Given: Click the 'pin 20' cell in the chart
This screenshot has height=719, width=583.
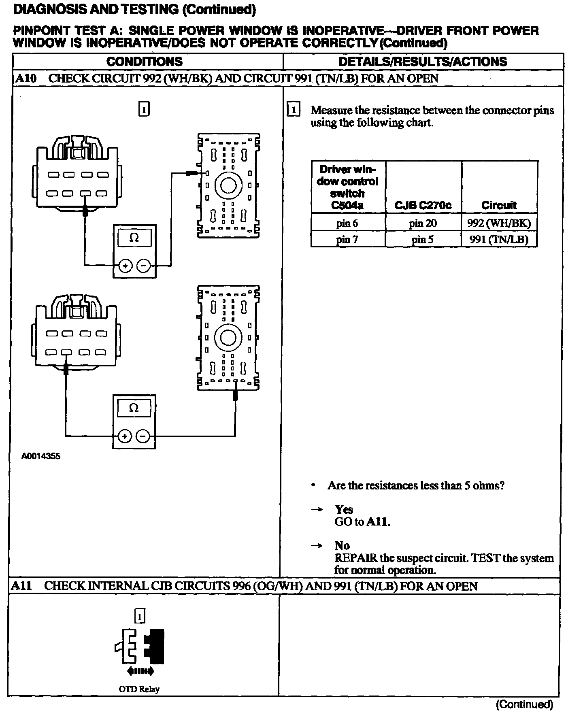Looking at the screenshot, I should (x=423, y=223).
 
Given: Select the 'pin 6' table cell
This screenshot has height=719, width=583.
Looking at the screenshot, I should (x=347, y=223).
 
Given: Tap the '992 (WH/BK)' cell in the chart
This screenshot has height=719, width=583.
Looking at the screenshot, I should (x=499, y=223).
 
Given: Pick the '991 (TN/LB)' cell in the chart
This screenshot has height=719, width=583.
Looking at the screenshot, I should (x=499, y=239).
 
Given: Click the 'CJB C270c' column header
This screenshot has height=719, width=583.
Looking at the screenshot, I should (x=423, y=205).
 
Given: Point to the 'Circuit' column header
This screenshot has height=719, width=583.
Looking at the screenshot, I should (x=499, y=205).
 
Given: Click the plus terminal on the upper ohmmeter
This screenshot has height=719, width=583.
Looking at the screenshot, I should (x=125, y=266).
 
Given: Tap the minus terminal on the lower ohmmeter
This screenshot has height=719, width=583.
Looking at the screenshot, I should (x=143, y=436).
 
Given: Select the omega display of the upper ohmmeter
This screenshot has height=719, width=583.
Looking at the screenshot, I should (x=134, y=238).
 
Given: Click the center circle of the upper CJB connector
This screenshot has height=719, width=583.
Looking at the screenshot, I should (x=228, y=186).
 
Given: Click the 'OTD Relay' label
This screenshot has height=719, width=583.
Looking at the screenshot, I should (x=139, y=689).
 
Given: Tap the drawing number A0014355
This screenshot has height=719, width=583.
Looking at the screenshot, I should (x=41, y=456).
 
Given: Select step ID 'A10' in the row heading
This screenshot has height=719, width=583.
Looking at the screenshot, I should (x=26, y=78).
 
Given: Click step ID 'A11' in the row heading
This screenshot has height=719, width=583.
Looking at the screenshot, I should (x=21, y=586).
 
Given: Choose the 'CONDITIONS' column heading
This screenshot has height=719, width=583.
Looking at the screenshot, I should (x=145, y=62).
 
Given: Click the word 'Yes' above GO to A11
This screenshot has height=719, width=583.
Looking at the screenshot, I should (x=344, y=509).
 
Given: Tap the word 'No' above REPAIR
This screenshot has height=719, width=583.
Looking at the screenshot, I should (x=342, y=545).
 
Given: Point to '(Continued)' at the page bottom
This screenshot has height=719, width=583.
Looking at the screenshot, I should (x=524, y=705).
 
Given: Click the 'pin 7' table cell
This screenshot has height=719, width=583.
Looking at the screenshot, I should (x=347, y=239).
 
